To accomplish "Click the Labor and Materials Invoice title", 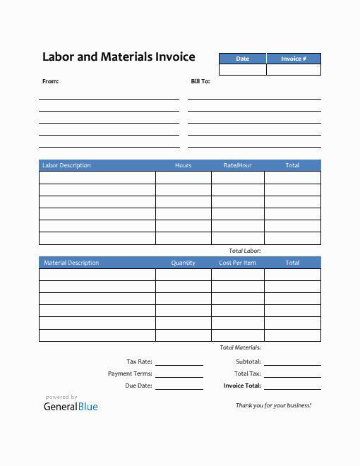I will [x=119, y=57].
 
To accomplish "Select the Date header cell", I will [x=242, y=59].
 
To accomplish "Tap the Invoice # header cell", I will [x=294, y=59].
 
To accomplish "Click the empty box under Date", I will [x=242, y=70].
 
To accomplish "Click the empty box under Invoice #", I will [x=294, y=70].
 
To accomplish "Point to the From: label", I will [x=51, y=81].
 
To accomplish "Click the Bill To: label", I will [x=200, y=81].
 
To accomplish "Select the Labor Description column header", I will [x=66, y=165].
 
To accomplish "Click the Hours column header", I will [x=183, y=165].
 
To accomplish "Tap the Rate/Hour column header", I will [x=237, y=165].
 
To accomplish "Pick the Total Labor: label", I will [x=245, y=251].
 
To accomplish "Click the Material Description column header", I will [x=71, y=263].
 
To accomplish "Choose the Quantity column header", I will [x=183, y=263].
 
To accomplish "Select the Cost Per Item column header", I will [x=237, y=263].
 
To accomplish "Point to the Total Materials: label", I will [x=241, y=347].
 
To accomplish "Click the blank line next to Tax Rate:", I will [x=179, y=363].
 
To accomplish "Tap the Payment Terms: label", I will [x=130, y=374].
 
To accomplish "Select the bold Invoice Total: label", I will [x=242, y=386].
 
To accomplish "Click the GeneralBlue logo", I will [x=71, y=406].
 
